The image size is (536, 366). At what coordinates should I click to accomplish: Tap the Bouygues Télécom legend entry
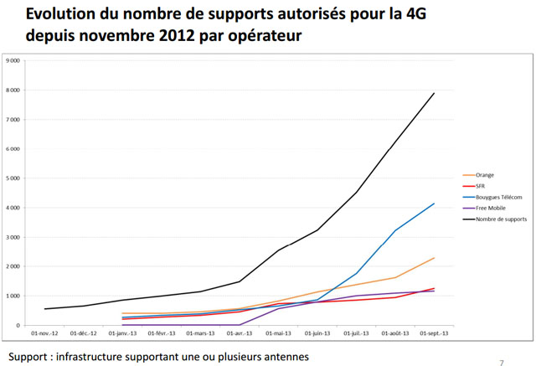497,197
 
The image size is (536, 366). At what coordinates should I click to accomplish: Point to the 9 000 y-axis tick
14,61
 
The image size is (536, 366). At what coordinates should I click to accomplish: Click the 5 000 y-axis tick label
14,178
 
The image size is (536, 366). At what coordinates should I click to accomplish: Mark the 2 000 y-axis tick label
14,266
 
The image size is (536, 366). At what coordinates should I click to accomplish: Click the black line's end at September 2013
434,93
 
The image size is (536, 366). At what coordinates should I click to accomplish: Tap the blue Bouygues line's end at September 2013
434,204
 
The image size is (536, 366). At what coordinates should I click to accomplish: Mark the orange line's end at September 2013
434,258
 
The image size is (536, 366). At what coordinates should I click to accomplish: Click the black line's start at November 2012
45,309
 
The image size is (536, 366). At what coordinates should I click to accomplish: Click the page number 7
502,363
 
